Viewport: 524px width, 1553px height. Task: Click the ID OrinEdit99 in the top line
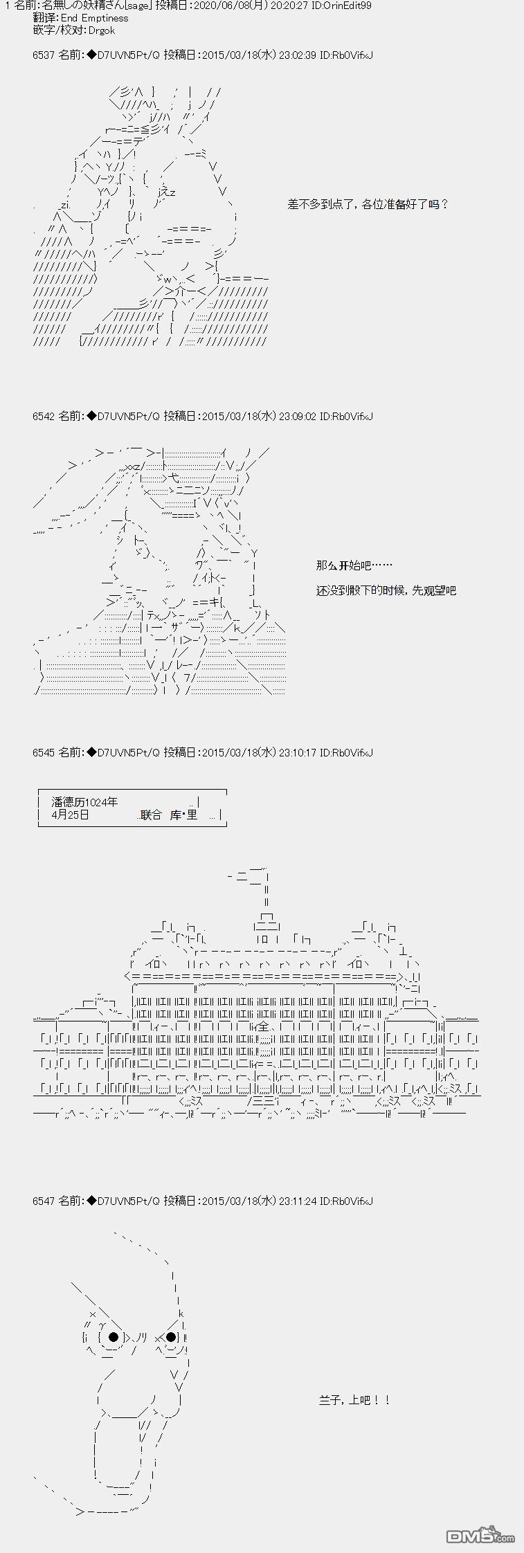tap(345, 6)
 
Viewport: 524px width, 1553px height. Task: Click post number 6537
tap(43, 55)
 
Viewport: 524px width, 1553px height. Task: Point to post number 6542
tap(43, 416)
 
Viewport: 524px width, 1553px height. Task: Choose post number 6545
tap(43, 752)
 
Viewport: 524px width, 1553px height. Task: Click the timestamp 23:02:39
tap(297, 55)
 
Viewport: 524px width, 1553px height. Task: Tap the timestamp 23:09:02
tap(297, 416)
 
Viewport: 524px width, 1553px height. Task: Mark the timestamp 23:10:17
tap(297, 752)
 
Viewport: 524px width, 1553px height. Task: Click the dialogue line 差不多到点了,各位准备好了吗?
tap(368, 204)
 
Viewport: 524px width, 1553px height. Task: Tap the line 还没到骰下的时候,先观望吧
tap(386, 590)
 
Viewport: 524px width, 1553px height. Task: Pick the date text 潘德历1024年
tap(84, 802)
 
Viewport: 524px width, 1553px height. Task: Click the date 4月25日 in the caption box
tap(71, 815)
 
